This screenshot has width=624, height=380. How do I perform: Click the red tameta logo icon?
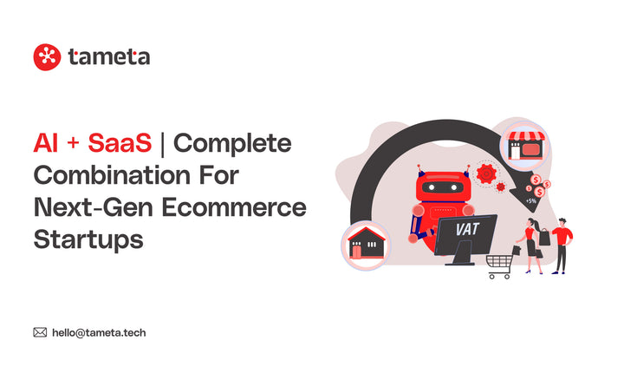(x=46, y=57)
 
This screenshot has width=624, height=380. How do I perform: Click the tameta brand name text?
(x=108, y=57)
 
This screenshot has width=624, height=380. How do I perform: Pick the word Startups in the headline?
(x=88, y=239)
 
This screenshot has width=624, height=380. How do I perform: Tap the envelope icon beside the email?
(x=40, y=331)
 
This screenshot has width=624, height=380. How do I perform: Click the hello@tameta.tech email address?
(x=105, y=331)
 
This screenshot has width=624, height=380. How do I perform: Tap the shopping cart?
(x=500, y=265)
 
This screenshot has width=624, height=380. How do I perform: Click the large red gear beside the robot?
(x=487, y=174)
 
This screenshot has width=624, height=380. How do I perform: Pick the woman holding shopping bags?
(x=531, y=244)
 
